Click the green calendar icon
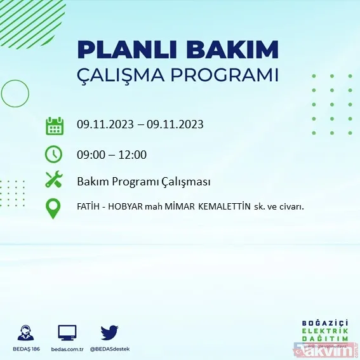[54, 125]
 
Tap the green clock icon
[54, 154]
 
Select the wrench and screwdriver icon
[54, 180]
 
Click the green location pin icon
[54, 208]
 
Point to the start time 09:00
[91, 154]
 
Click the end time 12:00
[133, 154]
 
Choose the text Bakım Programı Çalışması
[143, 182]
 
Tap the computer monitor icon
[67, 333]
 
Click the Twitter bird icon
[110, 333]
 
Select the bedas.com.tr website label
[67, 349]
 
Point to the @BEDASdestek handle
[110, 349]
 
